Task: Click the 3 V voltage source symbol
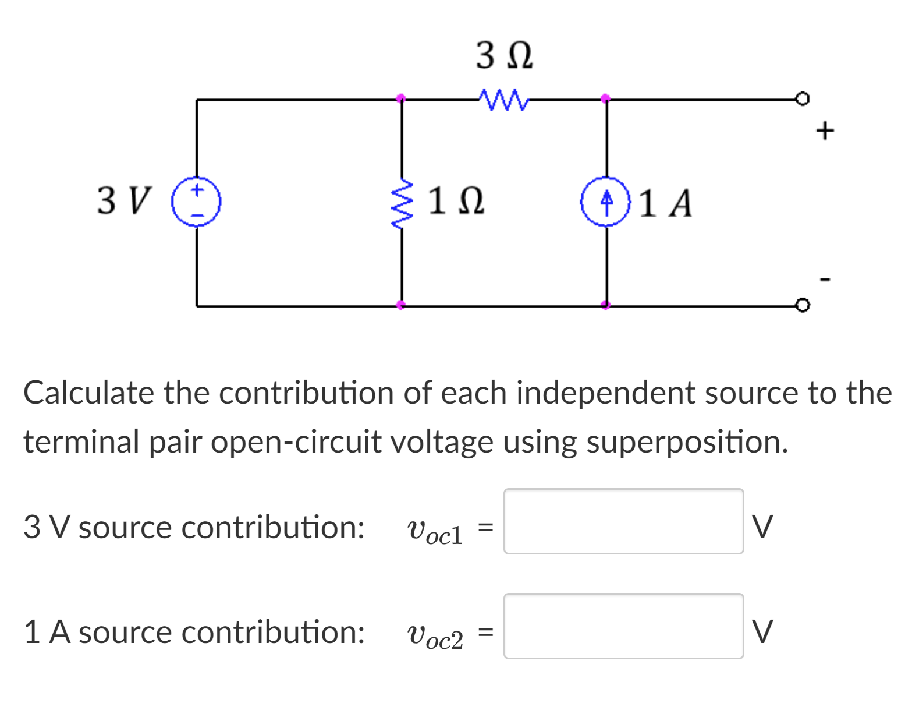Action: tap(196, 202)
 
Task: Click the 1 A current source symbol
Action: tap(606, 202)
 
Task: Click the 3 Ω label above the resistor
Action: tap(504, 56)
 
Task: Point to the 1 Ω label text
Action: tap(456, 202)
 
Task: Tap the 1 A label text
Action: tap(666, 203)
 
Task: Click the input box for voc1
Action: tap(623, 521)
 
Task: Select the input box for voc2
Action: tap(623, 626)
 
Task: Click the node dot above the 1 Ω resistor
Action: tap(400, 98)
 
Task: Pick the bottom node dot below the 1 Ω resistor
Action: tap(400, 305)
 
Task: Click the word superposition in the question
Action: tap(687, 441)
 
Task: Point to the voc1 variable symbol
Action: tap(435, 530)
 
